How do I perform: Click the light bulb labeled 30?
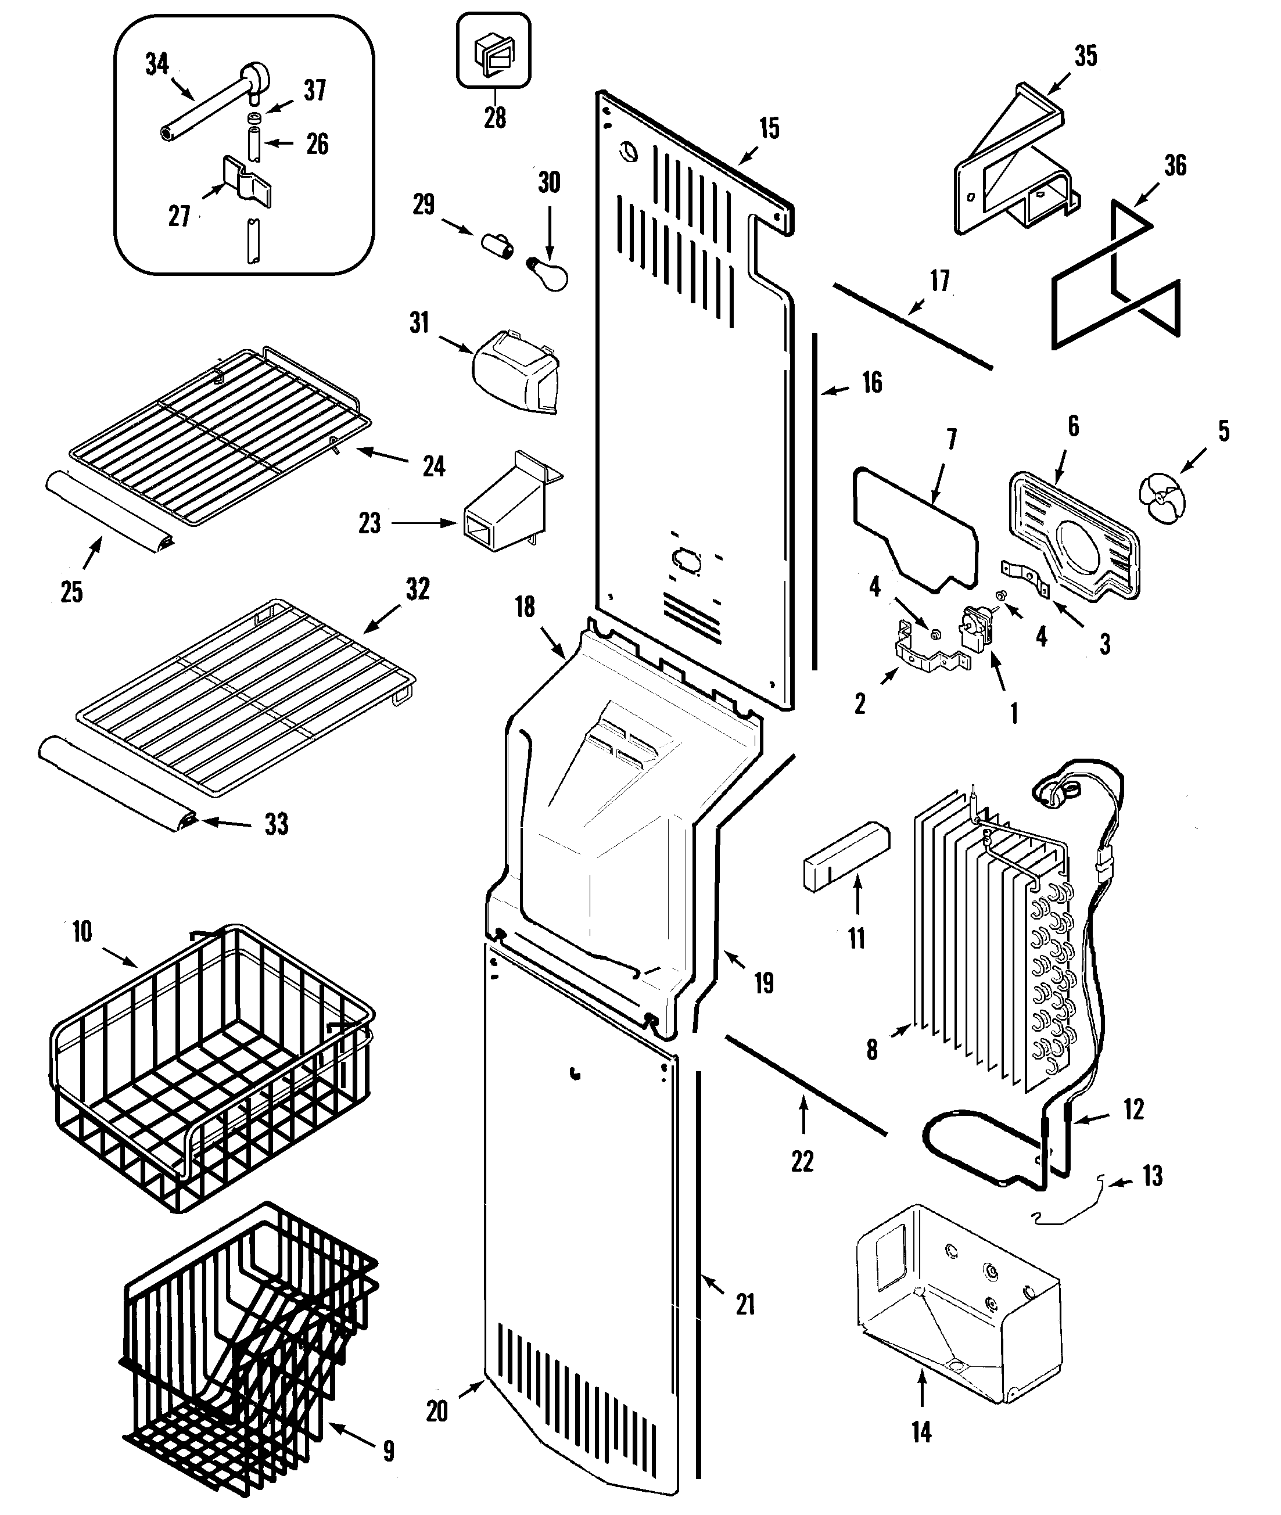click(x=548, y=272)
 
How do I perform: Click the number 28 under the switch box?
click(x=494, y=117)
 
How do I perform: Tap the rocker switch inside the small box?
click(x=493, y=54)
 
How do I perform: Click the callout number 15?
click(x=769, y=128)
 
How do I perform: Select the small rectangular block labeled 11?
click(x=846, y=857)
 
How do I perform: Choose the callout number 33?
click(x=276, y=824)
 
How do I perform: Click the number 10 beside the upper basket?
click(x=82, y=931)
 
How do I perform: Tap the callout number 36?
click(x=1174, y=166)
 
